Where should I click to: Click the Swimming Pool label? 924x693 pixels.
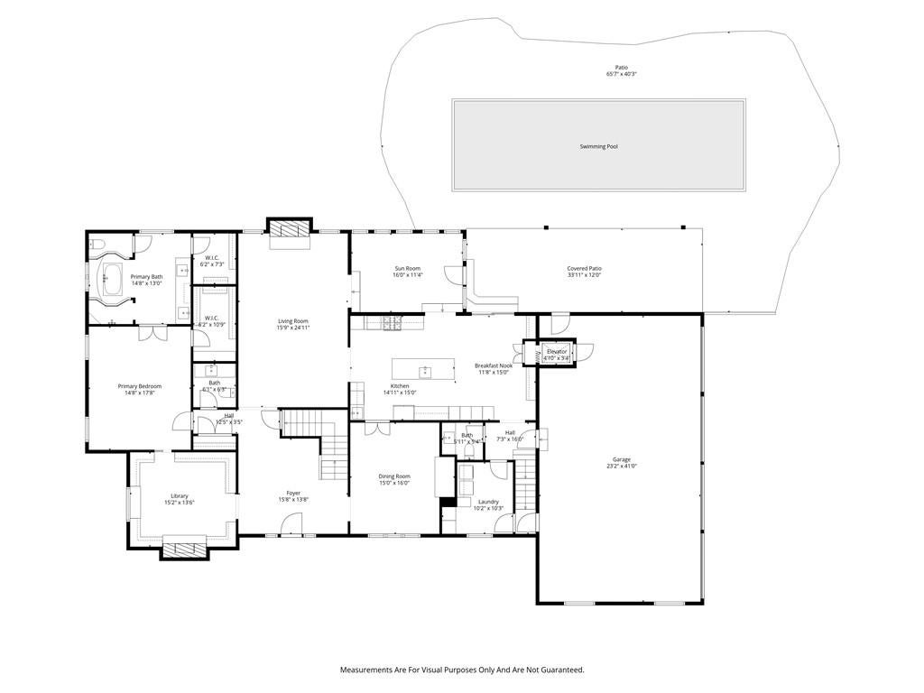coord(598,146)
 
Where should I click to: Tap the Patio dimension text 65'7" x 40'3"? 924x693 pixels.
coord(621,74)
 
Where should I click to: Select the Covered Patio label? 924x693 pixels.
coord(584,268)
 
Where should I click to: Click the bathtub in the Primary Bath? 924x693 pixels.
coord(112,279)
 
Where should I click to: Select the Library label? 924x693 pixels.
coord(180,495)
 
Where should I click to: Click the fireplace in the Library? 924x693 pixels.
coord(184,548)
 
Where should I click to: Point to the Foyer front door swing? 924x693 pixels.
coord(291,522)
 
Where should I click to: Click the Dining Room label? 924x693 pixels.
coord(393,476)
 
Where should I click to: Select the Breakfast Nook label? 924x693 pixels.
coord(494,365)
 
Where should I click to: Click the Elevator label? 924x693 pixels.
coord(557,351)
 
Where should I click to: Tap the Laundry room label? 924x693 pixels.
coord(488,502)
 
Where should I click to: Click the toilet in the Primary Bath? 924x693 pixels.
coord(98,245)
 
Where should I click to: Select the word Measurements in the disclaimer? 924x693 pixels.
coord(366,670)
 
